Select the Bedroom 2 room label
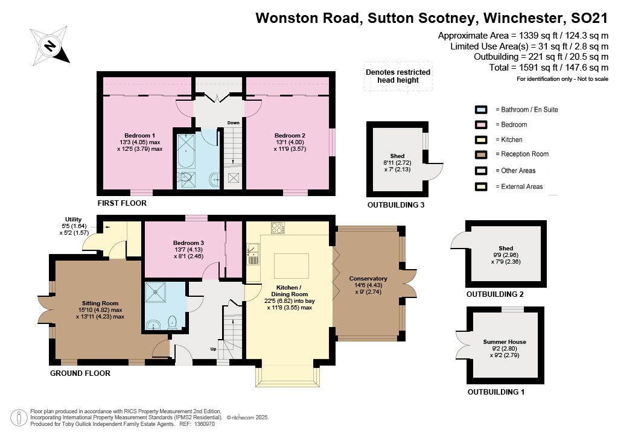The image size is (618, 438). click(290, 136)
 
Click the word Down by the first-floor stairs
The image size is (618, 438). click(234, 123)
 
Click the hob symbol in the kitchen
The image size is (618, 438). click(278, 227)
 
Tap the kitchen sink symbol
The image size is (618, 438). click(253, 255)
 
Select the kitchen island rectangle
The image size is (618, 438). click(291, 266)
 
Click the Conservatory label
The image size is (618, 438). click(368, 279)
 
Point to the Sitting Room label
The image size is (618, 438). click(100, 303)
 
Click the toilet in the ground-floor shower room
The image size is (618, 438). click(172, 323)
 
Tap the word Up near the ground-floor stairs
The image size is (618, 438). click(213, 349)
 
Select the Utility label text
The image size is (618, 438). click(73, 220)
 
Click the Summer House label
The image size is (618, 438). click(505, 342)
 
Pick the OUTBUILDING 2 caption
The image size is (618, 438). click(495, 294)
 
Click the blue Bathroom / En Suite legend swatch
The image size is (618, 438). click(481, 110)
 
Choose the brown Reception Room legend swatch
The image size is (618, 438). click(481, 154)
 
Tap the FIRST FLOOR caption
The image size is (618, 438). click(122, 203)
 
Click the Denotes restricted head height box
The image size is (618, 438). click(398, 77)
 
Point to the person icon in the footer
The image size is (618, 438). click(19, 417)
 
